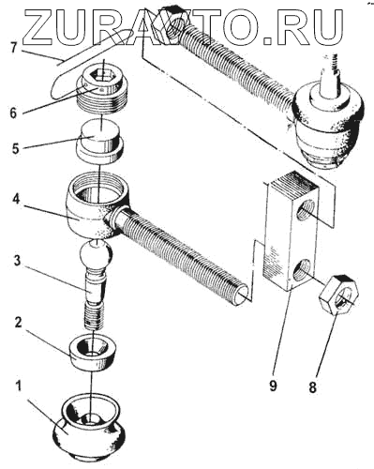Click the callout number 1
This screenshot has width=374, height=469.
[x=19, y=386]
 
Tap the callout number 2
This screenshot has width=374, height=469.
[x=19, y=324]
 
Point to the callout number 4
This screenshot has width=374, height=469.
[x=16, y=200]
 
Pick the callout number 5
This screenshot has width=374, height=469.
[x=16, y=148]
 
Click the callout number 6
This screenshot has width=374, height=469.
[x=13, y=113]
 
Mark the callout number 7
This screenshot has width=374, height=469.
[x=13, y=49]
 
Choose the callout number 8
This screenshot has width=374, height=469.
[x=312, y=387]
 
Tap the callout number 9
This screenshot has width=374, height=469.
[x=273, y=386]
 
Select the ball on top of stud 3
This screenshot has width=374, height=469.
[x=96, y=254]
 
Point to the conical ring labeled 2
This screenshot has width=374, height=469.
[x=92, y=352]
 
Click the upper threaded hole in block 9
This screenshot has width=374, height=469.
[x=305, y=210]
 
